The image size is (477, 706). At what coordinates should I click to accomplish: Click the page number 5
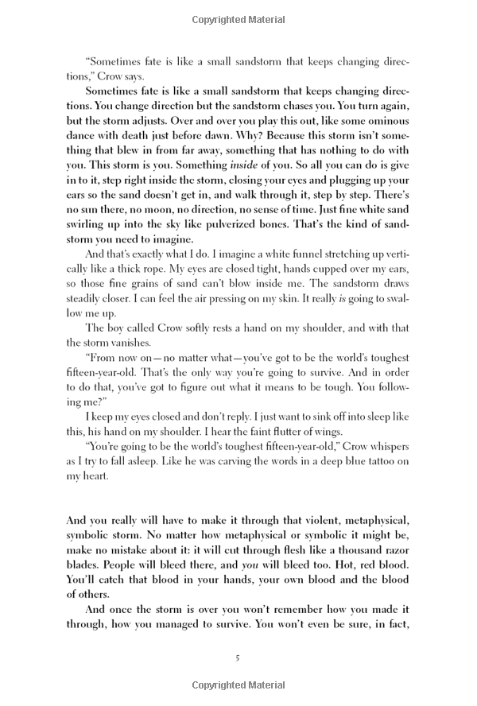coord(238,657)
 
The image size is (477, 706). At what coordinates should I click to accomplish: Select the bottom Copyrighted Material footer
coord(238,685)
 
